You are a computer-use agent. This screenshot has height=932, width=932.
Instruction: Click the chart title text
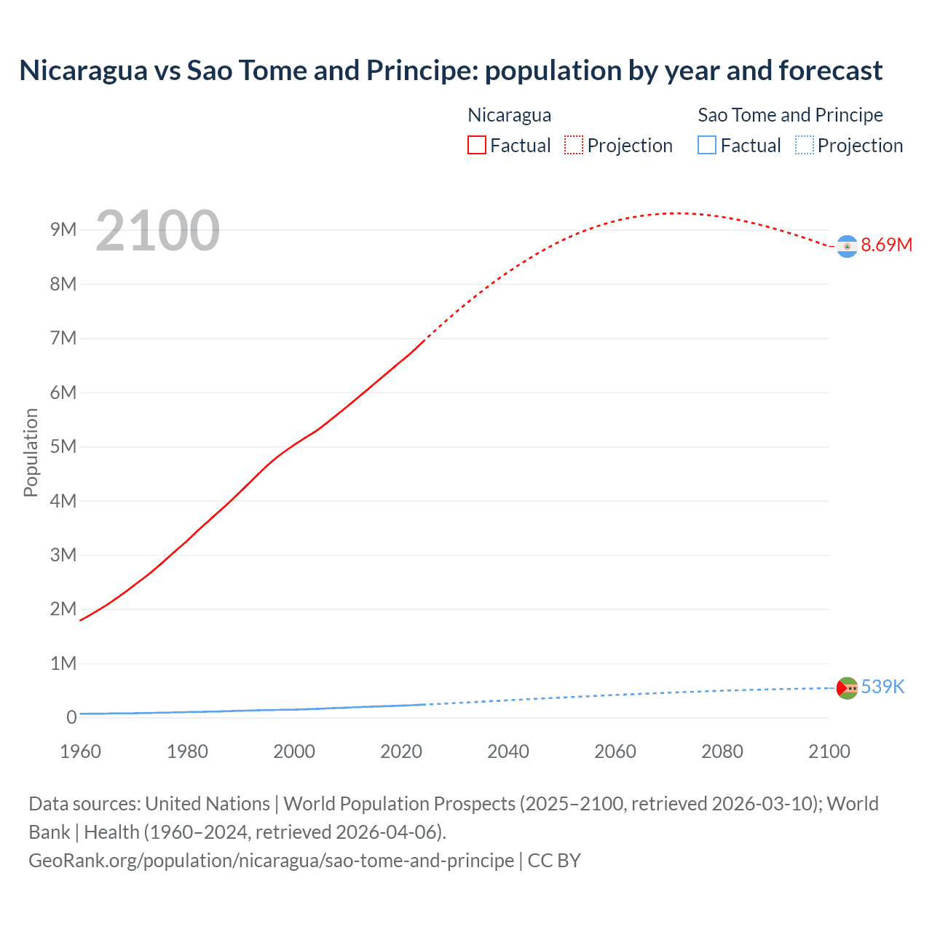[x=451, y=71]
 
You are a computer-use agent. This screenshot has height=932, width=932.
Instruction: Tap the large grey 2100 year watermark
[x=157, y=231]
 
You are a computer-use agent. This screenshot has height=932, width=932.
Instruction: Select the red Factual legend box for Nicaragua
[x=476, y=146]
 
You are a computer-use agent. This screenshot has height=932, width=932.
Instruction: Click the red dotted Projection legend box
[x=574, y=146]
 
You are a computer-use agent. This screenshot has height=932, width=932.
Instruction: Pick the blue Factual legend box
[x=706, y=146]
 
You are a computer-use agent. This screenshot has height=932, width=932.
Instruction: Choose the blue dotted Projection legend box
[x=804, y=146]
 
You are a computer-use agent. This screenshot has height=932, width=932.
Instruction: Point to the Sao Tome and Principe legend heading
[x=790, y=115]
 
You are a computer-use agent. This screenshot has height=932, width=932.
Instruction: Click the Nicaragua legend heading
[x=509, y=115]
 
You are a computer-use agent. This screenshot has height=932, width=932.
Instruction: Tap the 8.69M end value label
[x=886, y=245]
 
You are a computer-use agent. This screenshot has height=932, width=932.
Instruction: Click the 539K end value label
[x=882, y=687]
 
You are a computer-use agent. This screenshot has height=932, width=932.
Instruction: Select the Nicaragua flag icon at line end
[x=846, y=247]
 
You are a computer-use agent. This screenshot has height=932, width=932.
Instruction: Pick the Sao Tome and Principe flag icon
[x=846, y=688]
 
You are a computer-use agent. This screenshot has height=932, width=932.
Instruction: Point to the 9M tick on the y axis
[x=63, y=230]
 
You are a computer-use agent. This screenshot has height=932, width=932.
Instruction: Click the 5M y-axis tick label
[x=63, y=446]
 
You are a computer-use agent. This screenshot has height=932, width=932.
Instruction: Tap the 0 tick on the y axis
[x=71, y=717]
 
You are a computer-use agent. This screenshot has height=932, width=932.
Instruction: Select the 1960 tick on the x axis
[x=80, y=751]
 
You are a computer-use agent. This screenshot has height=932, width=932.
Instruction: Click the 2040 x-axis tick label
[x=508, y=751]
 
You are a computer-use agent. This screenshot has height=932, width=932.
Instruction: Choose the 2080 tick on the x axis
[x=722, y=751]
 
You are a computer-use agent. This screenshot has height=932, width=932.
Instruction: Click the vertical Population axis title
[x=31, y=452]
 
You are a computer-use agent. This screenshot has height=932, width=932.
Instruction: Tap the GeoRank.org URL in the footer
[x=271, y=861]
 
